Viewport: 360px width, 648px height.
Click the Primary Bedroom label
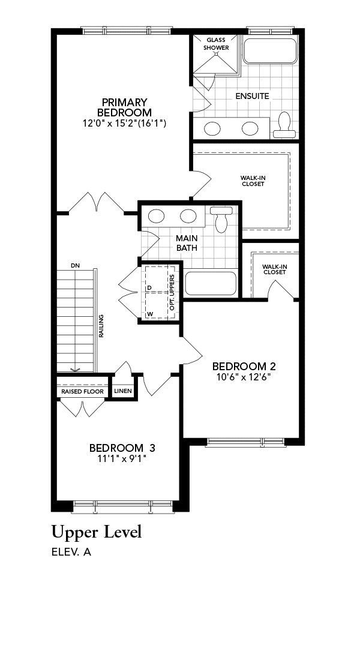point(124,107)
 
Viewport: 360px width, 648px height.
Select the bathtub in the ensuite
point(271,51)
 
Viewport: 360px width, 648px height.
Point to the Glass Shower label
point(216,44)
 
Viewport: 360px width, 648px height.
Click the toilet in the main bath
point(221,219)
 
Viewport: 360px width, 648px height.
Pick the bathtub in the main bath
point(211,283)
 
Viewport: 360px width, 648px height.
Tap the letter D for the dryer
point(149,287)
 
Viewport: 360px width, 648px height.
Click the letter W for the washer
point(150,314)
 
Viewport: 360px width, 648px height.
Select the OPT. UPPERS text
point(172,293)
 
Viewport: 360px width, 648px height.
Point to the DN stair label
point(75,265)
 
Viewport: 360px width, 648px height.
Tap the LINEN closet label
point(123,391)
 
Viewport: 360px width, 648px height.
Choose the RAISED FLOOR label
point(82,391)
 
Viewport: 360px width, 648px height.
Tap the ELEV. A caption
point(71,552)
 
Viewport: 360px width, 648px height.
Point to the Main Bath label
point(187,243)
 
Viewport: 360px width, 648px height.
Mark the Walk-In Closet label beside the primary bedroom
point(253,181)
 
